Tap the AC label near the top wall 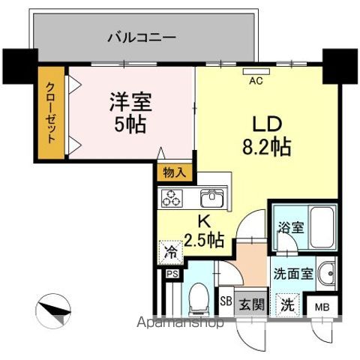click(x=254, y=80)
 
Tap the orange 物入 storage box click(x=175, y=172)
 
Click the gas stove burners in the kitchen click(x=172, y=198)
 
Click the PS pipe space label click(x=172, y=274)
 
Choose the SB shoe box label click(x=225, y=302)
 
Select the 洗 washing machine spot click(x=288, y=304)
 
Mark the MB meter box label click(x=321, y=307)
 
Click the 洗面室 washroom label click(x=291, y=274)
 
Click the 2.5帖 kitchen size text click(x=205, y=240)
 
